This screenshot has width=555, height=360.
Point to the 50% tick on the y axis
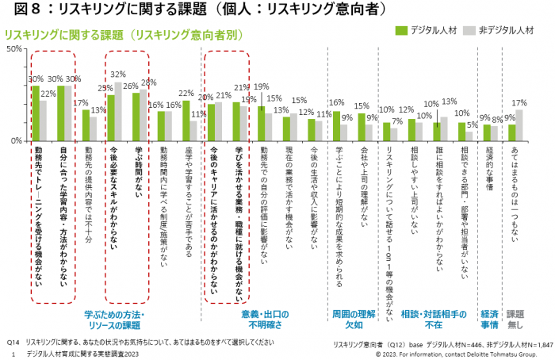[x=13, y=49]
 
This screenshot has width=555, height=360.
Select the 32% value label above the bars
[x=118, y=75]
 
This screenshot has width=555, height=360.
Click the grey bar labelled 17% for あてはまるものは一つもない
[x=520, y=124]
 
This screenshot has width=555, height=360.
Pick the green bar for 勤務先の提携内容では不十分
[x=86, y=124]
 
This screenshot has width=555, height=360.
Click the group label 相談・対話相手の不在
[x=433, y=320]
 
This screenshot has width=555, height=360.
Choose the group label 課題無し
[x=516, y=320]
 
